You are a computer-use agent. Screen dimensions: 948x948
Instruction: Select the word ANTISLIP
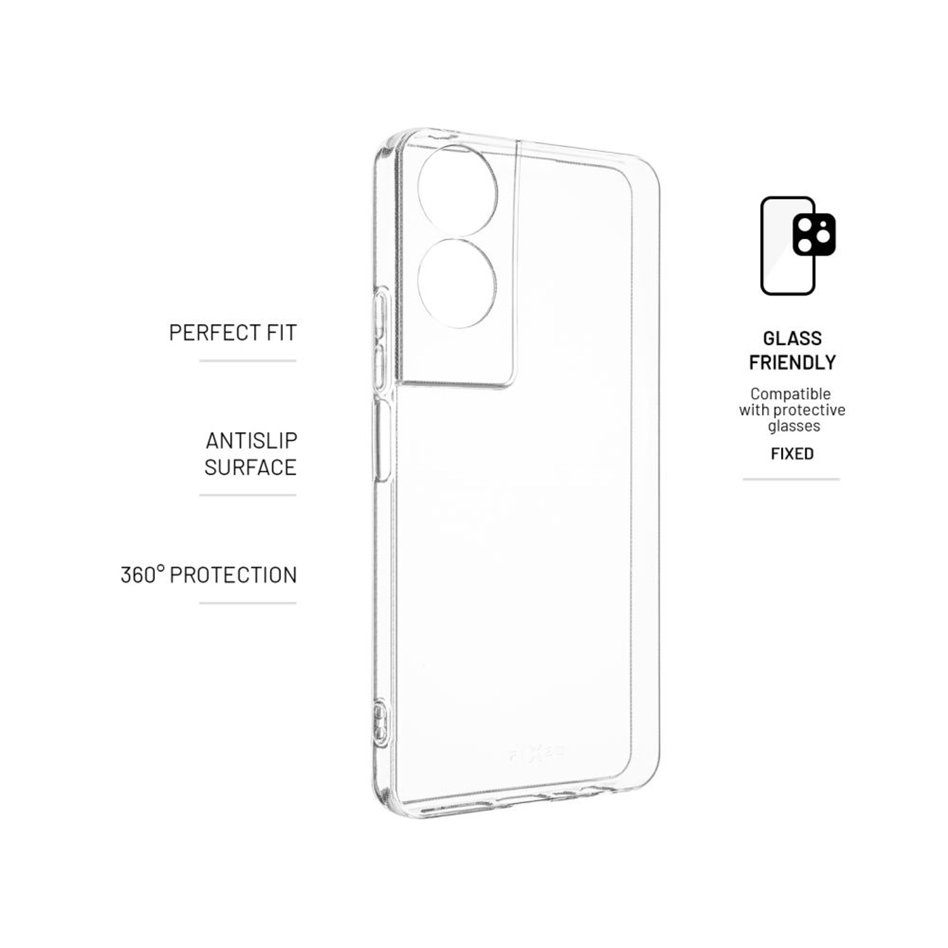[x=251, y=441]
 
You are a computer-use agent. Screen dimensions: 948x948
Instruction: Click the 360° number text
[x=142, y=575]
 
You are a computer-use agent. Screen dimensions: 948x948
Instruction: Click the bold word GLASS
[x=792, y=339]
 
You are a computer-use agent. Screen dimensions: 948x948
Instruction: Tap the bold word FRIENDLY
[x=792, y=363]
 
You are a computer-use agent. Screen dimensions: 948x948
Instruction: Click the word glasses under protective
[x=794, y=425]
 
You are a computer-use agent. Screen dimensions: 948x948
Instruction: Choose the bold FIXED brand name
[x=792, y=454]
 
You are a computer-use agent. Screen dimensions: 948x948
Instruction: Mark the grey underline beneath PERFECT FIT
[x=248, y=361]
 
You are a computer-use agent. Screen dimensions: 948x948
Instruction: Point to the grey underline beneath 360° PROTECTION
[x=248, y=603]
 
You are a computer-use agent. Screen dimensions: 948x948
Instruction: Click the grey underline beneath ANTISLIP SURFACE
[x=248, y=495]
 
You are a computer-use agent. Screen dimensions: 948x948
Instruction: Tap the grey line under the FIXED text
[x=791, y=479]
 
